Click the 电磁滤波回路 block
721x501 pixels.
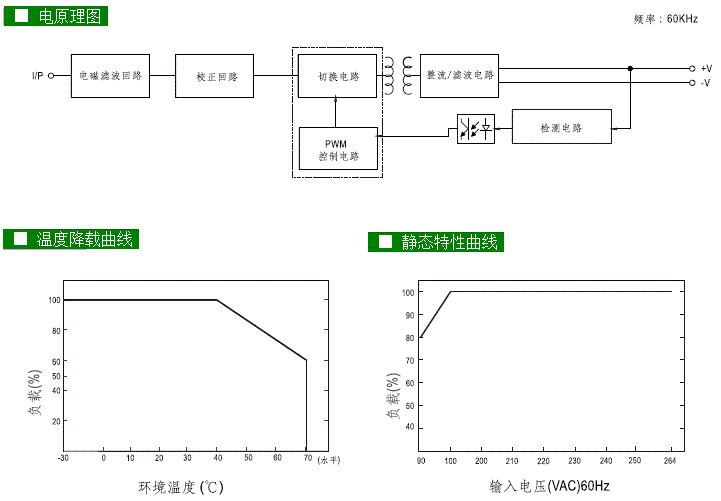[x=111, y=76]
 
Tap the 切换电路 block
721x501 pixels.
[x=337, y=76]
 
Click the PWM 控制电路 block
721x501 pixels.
[x=338, y=150]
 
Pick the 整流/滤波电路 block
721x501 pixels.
[x=459, y=74]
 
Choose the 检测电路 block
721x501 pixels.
[x=560, y=128]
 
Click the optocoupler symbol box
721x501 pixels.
[x=475, y=129]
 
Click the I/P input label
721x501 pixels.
[x=39, y=75]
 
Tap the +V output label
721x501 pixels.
[x=705, y=68]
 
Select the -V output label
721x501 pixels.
[x=705, y=83]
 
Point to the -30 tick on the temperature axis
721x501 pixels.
[x=63, y=458]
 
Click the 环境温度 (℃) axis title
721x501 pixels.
[x=180, y=487]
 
